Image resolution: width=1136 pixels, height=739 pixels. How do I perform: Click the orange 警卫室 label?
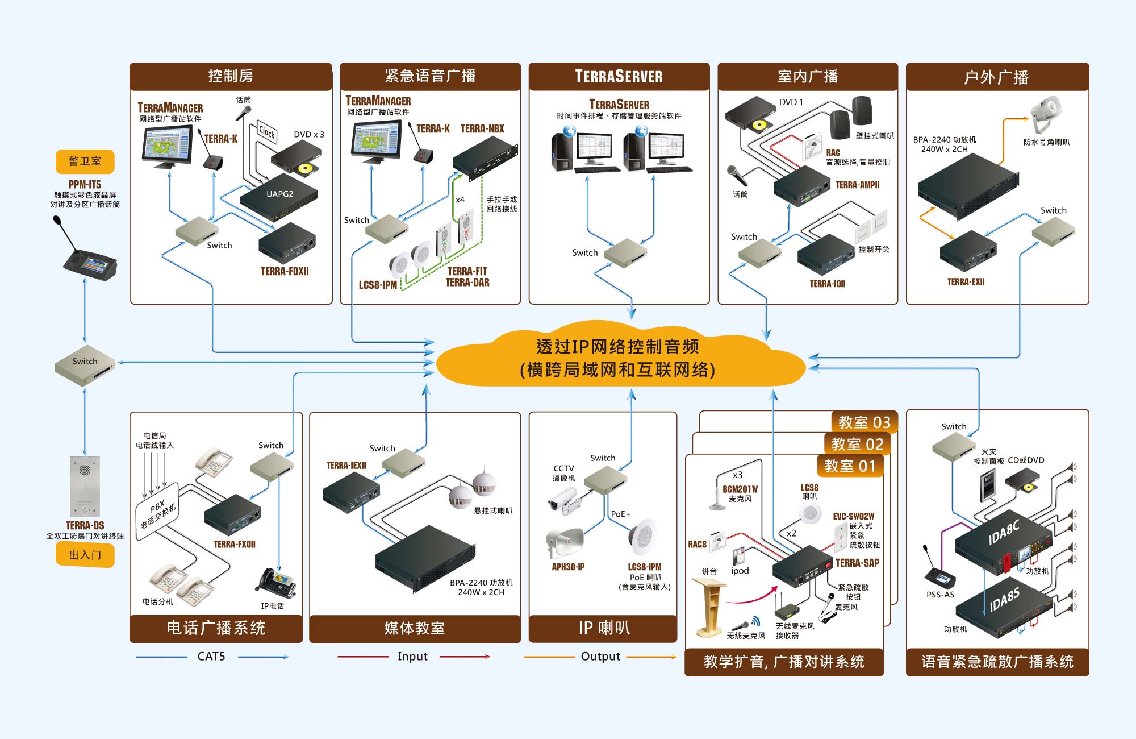click(x=85, y=161)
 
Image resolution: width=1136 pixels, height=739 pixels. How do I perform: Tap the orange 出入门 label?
click(x=85, y=555)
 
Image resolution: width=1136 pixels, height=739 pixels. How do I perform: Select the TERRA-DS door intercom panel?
click(x=85, y=486)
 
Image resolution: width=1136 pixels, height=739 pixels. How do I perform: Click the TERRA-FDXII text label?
click(x=285, y=272)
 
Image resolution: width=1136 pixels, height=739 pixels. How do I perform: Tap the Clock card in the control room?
click(x=266, y=132)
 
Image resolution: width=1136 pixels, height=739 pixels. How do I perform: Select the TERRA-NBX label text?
click(x=482, y=129)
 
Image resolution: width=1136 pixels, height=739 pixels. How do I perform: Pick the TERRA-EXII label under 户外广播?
click(x=966, y=282)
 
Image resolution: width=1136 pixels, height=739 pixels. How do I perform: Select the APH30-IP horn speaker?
click(x=565, y=543)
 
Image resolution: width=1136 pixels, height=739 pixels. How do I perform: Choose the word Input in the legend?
click(x=412, y=657)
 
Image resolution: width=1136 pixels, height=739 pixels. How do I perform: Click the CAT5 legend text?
click(x=211, y=657)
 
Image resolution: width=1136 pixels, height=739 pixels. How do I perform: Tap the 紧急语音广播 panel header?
click(x=430, y=76)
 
